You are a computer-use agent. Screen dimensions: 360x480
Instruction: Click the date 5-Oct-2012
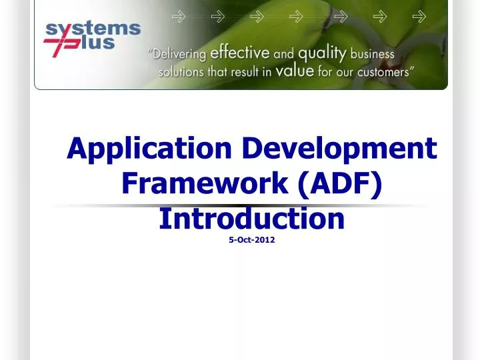coord(251,240)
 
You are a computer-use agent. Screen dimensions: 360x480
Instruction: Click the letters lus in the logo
coord(98,45)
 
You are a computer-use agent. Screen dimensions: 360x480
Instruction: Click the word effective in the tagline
coord(240,53)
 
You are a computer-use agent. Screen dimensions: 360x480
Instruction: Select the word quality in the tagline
coord(323,53)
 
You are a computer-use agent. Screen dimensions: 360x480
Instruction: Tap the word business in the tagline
coord(372,53)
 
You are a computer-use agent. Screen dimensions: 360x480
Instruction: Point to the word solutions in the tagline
coord(181,72)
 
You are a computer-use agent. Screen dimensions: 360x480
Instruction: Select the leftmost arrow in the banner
coord(179,17)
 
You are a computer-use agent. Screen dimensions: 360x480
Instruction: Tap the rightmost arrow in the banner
coord(419,17)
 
